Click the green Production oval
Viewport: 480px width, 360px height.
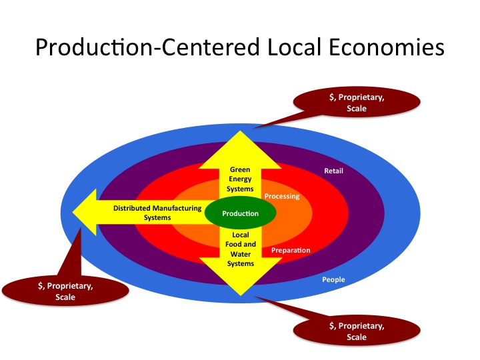(240, 213)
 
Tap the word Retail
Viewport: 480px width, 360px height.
(334, 171)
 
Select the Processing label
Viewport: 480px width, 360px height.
(282, 196)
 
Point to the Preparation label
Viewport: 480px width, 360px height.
(291, 251)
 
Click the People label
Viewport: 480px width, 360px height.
(333, 279)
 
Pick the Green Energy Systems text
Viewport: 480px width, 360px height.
(240, 179)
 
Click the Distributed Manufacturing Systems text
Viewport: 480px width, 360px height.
(157, 213)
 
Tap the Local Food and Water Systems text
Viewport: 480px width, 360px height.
(240, 249)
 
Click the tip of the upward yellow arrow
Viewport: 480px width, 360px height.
(240, 131)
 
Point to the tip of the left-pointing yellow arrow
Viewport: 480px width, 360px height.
(73, 212)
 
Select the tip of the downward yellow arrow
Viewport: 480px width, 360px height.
(241, 295)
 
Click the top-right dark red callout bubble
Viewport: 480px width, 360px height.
(357, 103)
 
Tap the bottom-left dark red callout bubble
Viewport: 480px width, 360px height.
(65, 291)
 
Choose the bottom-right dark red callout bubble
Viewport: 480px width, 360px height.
(357, 331)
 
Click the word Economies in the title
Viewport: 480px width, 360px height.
(386, 47)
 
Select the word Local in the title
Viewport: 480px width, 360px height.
(294, 47)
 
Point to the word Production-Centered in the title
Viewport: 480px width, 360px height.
(147, 47)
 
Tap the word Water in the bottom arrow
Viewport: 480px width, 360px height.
(241, 254)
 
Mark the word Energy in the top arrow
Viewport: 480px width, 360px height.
(240, 179)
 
